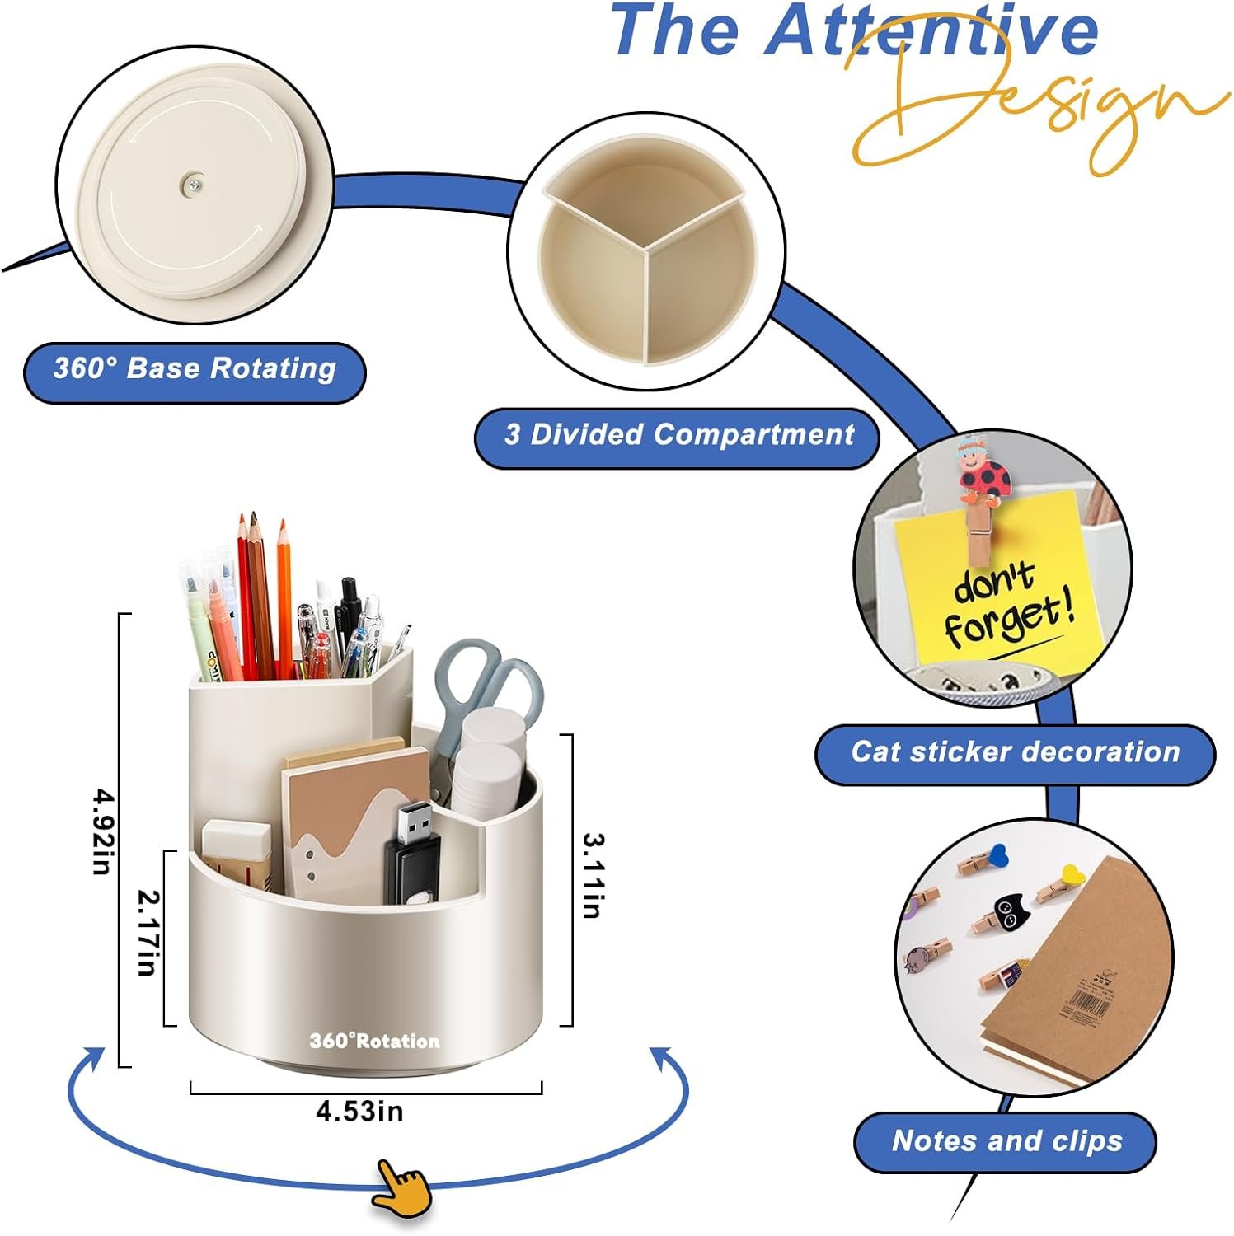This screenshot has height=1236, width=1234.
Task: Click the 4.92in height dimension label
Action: point(101,831)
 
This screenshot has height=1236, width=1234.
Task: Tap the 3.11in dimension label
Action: point(594,875)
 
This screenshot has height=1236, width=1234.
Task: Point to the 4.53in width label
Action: point(360,1112)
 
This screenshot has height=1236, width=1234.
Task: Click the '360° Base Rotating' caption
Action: point(195,368)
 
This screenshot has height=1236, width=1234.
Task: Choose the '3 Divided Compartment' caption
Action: point(679,434)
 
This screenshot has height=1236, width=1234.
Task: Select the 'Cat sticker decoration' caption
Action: point(1016,751)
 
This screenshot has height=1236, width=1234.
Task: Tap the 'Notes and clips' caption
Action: point(1007,1141)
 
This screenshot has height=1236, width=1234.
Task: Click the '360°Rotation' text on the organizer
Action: point(375,1041)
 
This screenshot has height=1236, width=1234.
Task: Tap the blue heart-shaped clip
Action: point(998,854)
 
